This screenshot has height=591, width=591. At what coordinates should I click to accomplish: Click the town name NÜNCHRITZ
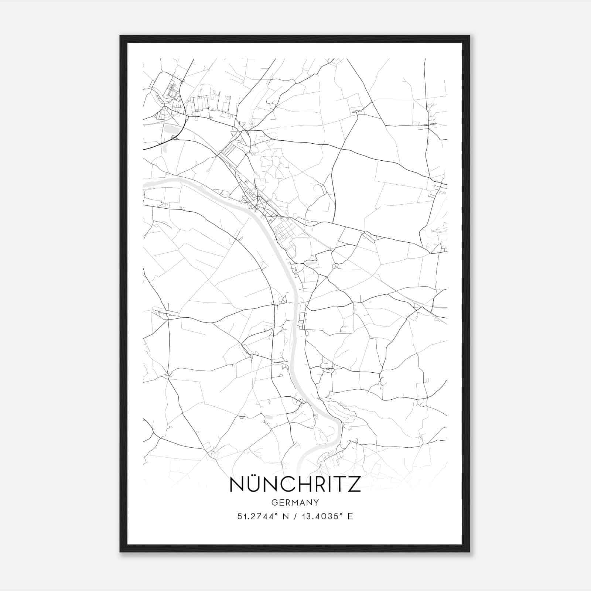295,485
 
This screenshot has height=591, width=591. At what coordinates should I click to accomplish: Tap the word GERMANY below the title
295,503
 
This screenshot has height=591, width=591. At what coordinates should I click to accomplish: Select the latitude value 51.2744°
257,516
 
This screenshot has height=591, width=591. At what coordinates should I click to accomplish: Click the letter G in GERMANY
274,503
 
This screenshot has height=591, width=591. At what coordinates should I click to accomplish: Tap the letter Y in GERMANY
317,503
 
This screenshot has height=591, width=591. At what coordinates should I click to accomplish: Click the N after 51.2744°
285,516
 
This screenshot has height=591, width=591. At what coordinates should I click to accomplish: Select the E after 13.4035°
350,516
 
